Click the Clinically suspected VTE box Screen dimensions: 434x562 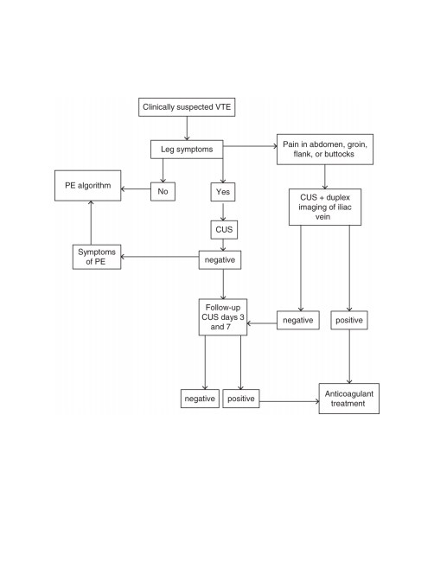(x=187, y=107)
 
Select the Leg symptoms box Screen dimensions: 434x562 (x=187, y=149)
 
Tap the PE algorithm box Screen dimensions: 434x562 (x=88, y=186)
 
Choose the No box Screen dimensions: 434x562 (x=163, y=191)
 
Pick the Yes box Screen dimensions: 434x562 (x=223, y=192)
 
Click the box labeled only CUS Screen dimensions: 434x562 (x=224, y=230)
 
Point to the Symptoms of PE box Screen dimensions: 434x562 (x=97, y=257)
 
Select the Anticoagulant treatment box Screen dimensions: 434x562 (x=349, y=399)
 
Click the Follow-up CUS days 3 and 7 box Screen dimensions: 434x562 (x=223, y=317)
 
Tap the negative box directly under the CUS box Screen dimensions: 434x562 (x=220, y=260)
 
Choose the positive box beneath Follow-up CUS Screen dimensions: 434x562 (x=241, y=399)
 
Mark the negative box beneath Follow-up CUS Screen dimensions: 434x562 (x=200, y=399)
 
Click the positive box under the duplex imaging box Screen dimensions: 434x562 (x=349, y=320)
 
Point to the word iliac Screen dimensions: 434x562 (x=344, y=207)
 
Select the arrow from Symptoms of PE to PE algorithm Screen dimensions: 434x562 (x=91, y=222)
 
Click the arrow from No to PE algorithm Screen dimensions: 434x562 (x=136, y=188)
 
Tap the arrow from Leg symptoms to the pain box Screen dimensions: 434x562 (x=250, y=146)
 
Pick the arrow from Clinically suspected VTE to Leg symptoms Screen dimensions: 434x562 (x=187, y=128)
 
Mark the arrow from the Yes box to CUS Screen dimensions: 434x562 (x=223, y=212)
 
